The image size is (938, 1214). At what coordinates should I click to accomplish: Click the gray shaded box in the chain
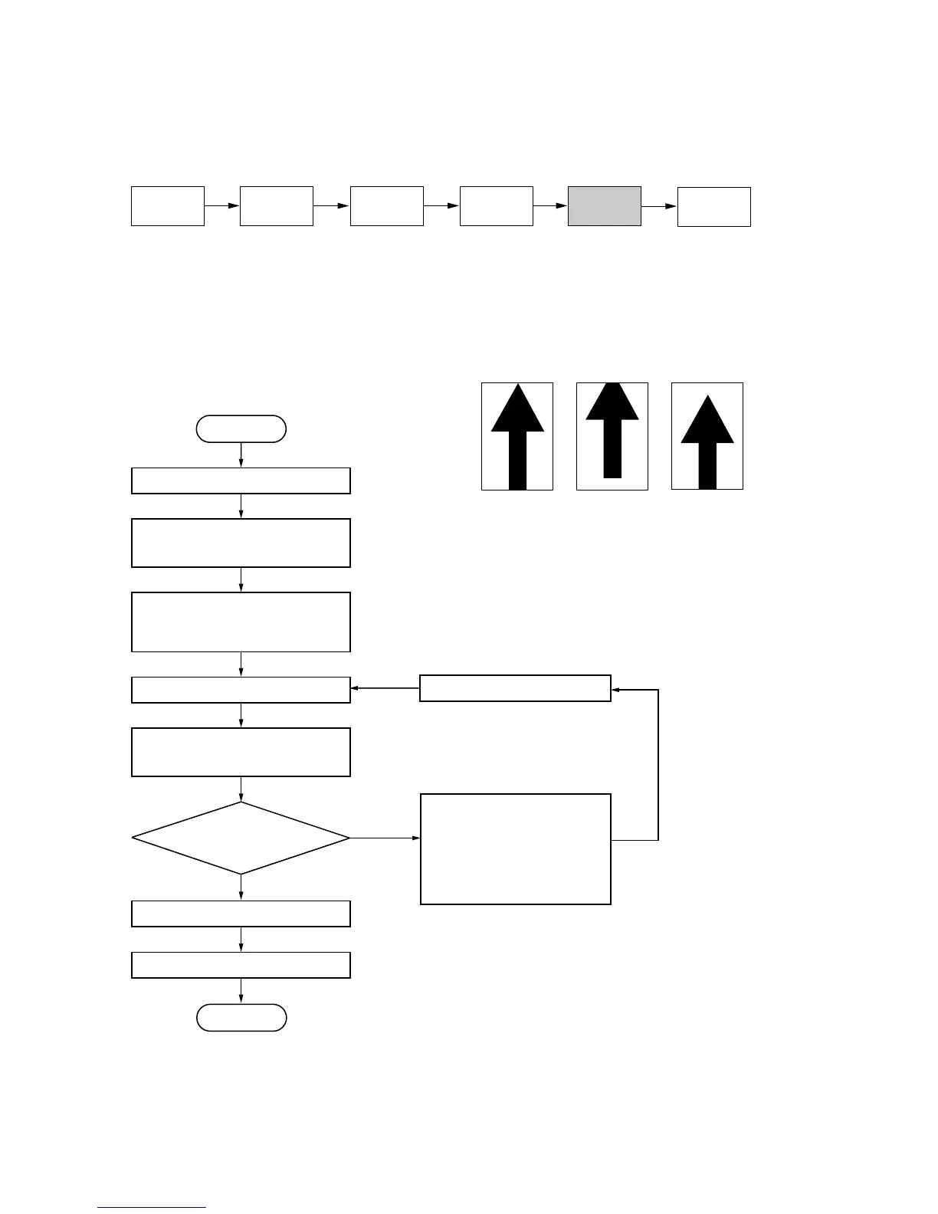click(x=604, y=206)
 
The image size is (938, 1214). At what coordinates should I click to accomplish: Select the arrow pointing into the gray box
click(x=550, y=206)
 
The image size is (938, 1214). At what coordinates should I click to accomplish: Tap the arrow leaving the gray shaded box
click(x=659, y=206)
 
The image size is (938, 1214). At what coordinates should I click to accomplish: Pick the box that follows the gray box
click(x=713, y=207)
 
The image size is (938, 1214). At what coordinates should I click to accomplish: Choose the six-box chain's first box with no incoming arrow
click(x=167, y=206)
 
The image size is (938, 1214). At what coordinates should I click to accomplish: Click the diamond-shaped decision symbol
click(x=241, y=838)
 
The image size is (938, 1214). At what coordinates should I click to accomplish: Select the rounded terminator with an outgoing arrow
click(x=241, y=429)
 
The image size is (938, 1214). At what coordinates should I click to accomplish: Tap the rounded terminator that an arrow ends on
click(x=241, y=1018)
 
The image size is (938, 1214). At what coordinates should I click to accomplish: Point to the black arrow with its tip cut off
click(x=612, y=431)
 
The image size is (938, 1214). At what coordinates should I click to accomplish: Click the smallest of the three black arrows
click(x=707, y=441)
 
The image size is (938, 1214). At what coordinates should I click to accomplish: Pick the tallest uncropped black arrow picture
click(x=517, y=436)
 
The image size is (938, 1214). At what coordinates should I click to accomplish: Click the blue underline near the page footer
click(x=152, y=1208)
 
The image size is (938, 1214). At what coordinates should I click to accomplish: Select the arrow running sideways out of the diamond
click(x=385, y=838)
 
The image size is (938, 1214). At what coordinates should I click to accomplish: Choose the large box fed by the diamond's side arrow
click(x=515, y=849)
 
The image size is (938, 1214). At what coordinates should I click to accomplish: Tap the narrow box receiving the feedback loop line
click(x=515, y=688)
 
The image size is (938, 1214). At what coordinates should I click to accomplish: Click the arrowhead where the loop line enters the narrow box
click(x=615, y=690)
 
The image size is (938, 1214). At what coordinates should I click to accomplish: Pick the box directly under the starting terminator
click(x=241, y=481)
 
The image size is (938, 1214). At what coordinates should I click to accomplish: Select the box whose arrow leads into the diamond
click(x=241, y=752)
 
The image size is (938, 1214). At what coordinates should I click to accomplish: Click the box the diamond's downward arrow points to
click(x=241, y=914)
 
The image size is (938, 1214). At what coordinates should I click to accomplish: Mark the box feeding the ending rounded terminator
click(x=241, y=965)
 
